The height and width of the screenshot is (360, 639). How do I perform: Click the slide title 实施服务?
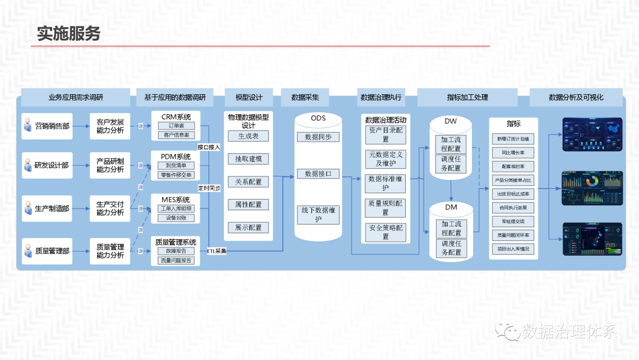(x=69, y=33)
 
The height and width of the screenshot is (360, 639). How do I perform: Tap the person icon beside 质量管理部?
(x=27, y=252)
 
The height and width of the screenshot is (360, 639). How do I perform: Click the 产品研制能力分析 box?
(x=110, y=165)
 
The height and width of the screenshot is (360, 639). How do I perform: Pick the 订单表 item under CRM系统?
(x=176, y=126)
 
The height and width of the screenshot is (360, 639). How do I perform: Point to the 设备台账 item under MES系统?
(x=176, y=218)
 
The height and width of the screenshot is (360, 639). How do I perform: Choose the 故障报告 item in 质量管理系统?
(x=176, y=251)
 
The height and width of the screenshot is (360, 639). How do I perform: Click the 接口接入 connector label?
(x=209, y=147)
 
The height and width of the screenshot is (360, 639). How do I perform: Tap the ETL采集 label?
(x=217, y=251)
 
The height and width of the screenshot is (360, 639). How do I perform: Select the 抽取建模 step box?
(x=248, y=159)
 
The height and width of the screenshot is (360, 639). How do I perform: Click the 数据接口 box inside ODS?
(x=318, y=174)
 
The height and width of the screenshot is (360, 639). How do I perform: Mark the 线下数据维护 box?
(x=318, y=214)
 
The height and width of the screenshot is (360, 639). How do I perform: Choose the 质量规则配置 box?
(x=386, y=207)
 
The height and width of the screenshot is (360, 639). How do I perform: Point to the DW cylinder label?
(x=451, y=121)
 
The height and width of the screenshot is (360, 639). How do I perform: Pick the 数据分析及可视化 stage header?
(x=576, y=97)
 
